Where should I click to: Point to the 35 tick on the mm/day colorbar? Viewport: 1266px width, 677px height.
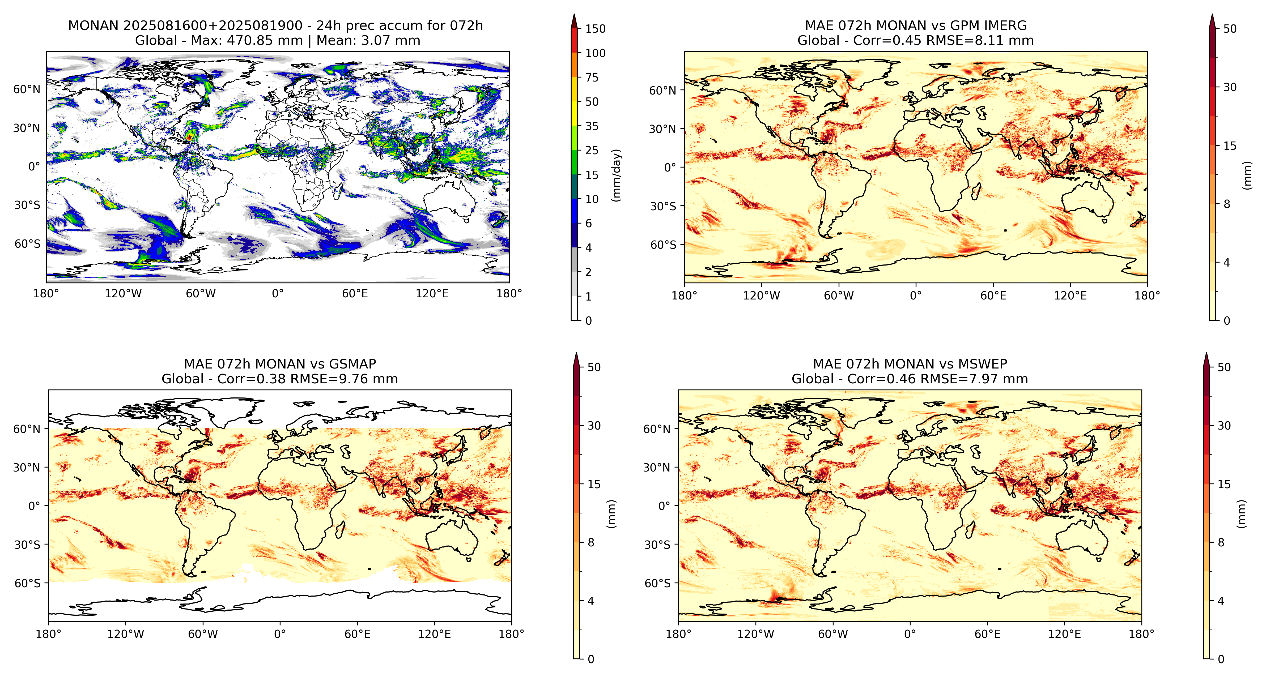[x=592, y=126]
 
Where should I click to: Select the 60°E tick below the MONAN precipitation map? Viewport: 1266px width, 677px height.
[x=355, y=294]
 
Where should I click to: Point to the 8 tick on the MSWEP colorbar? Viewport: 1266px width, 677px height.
[x=1221, y=542]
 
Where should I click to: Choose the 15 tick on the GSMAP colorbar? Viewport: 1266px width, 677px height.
[x=594, y=484]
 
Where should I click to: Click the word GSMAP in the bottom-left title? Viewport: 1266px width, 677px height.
[x=352, y=364]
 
